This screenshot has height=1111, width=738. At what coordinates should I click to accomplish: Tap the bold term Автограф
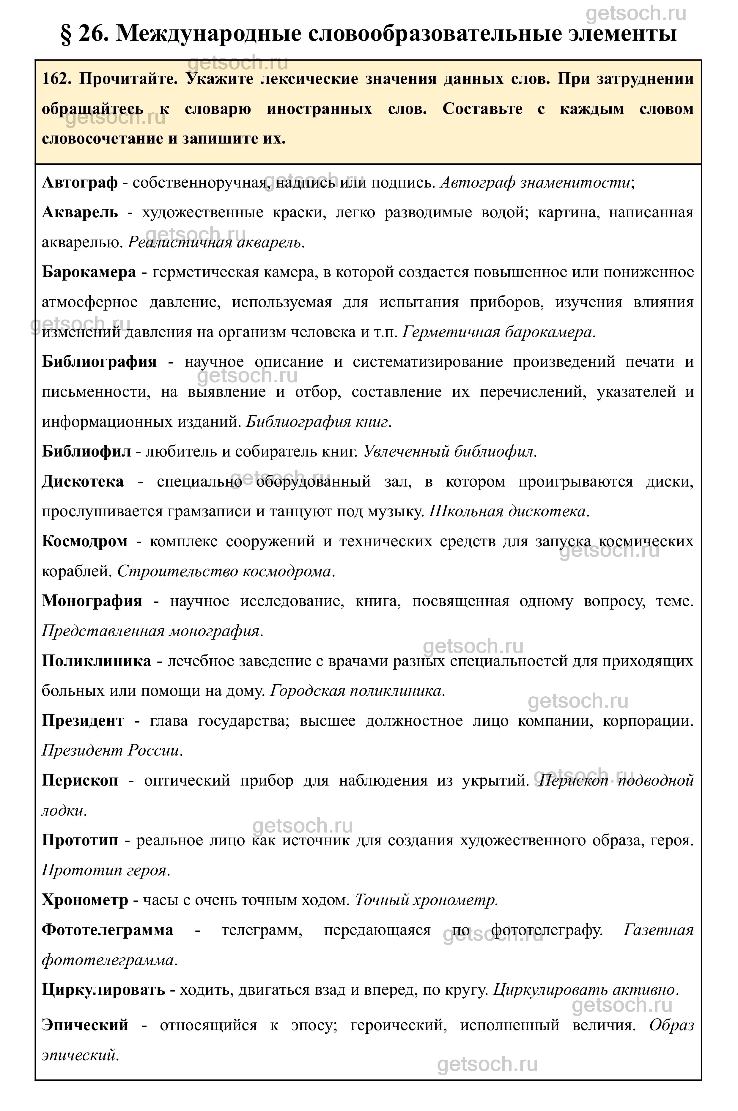click(x=80, y=182)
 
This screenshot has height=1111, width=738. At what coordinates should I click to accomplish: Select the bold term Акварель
click(x=80, y=213)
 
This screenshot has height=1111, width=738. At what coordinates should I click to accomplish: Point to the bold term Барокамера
click(x=89, y=272)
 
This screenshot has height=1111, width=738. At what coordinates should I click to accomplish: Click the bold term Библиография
click(x=99, y=361)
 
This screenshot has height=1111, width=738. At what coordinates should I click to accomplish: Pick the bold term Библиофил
click(x=86, y=452)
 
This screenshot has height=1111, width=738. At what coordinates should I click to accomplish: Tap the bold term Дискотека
click(x=83, y=481)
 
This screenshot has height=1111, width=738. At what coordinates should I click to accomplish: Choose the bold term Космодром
click(x=84, y=541)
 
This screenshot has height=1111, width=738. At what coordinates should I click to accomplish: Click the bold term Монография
click(x=92, y=601)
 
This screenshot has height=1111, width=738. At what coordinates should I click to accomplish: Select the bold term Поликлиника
click(x=97, y=661)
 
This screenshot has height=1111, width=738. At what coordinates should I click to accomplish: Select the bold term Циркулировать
click(x=103, y=990)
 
